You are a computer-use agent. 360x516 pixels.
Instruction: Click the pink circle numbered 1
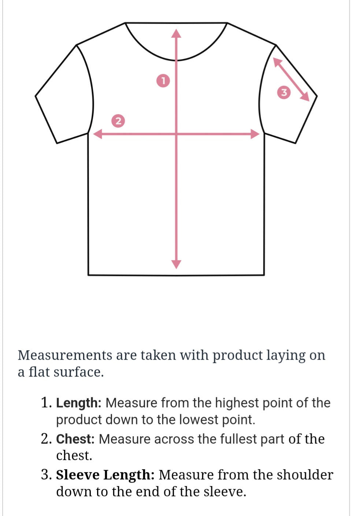coord(163,81)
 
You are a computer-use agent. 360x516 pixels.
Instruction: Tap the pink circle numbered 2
coord(118,121)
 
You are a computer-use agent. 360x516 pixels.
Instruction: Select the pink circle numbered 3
coord(284,92)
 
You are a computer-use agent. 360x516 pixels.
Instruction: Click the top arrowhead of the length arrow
coord(177,33)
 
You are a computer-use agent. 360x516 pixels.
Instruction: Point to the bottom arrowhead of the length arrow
coord(177,264)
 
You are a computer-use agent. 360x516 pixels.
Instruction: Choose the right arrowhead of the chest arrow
coord(255,134)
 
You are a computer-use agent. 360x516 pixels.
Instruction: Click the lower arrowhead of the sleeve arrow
coord(305,97)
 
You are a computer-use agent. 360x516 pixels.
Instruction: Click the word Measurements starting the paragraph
coord(65,355)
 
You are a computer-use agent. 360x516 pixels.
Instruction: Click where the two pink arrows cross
coord(177,134)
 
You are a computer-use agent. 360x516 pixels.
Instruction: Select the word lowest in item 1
coord(198,420)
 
